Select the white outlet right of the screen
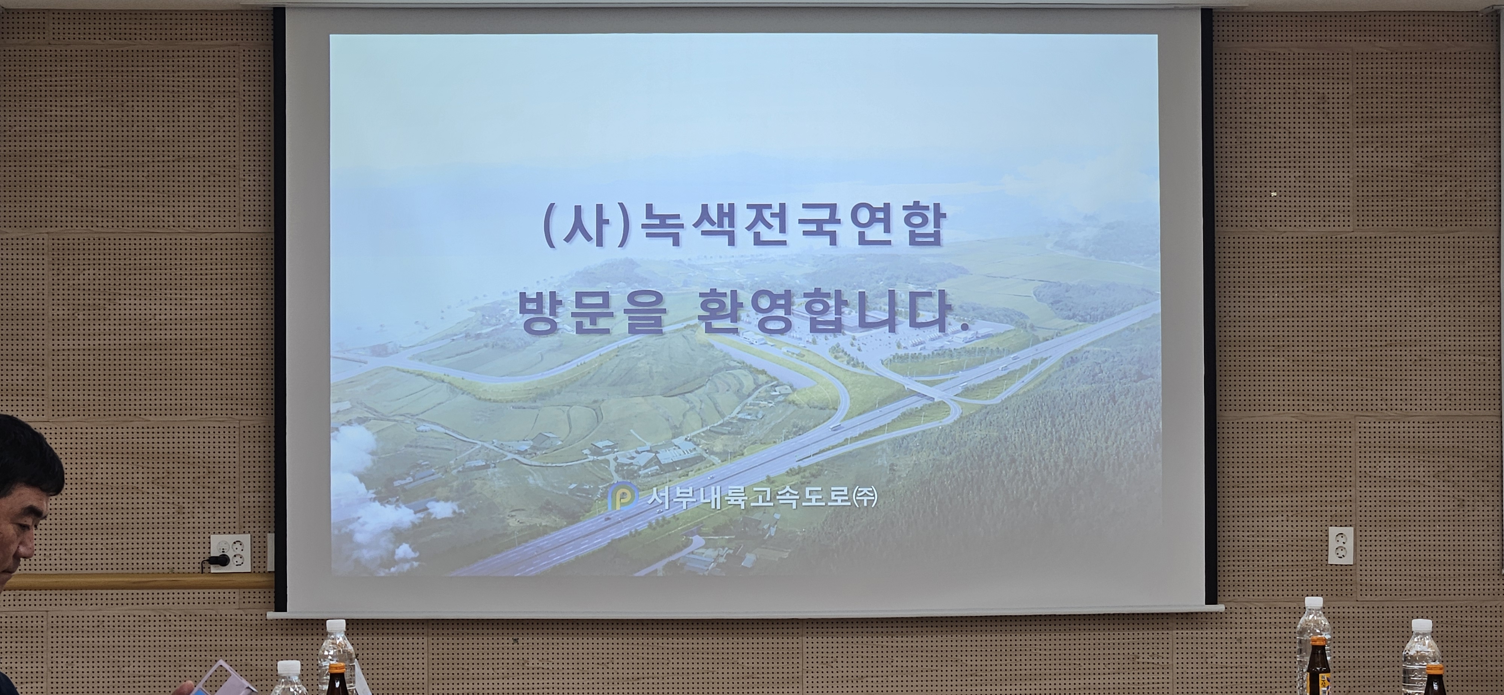pos(1340,545)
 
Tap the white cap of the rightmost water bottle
pos(1422,625)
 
